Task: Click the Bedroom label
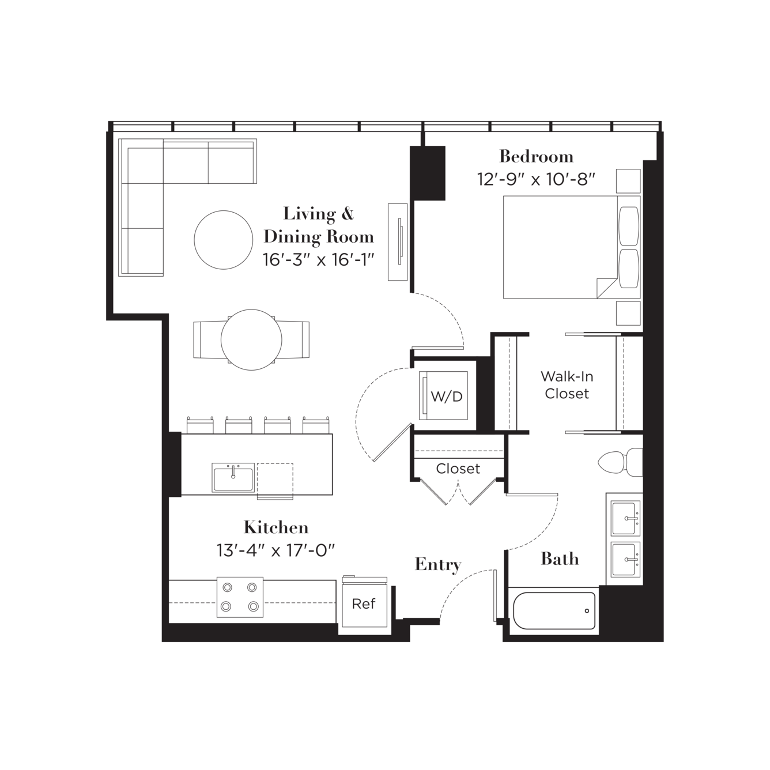[x=536, y=156]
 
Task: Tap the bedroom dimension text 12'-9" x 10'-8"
[x=536, y=179]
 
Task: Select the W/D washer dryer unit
[x=443, y=395]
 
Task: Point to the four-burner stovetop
[x=240, y=597]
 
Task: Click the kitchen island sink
[x=233, y=478]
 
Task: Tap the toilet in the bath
[x=620, y=462]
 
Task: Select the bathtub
[x=554, y=610]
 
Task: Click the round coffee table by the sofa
[x=224, y=240]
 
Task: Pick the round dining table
[x=251, y=339]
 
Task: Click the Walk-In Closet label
[x=567, y=385]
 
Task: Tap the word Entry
[x=438, y=564]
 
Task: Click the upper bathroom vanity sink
[x=626, y=518]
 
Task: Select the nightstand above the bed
[x=628, y=181]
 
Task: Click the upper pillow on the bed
[x=629, y=226]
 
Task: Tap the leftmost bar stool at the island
[x=200, y=425]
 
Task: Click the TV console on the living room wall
[x=398, y=242]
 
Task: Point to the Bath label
[x=560, y=558]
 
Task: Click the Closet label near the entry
[x=458, y=469]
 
